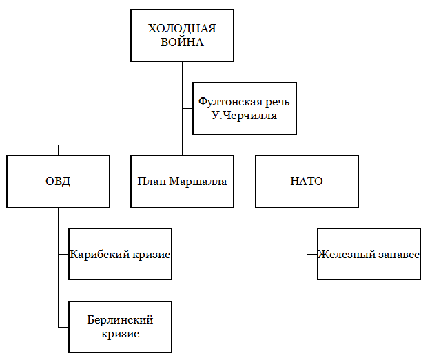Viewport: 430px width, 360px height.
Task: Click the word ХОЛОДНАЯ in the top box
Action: [x=182, y=29]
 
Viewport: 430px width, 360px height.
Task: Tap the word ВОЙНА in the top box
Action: [x=182, y=42]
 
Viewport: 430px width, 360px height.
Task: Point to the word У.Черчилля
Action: [x=245, y=116]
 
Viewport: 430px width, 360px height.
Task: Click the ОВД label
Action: [x=58, y=182]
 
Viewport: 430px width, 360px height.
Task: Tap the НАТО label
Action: [x=307, y=182]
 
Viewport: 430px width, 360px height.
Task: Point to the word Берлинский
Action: [x=120, y=320]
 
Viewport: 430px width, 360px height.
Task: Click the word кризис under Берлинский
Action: [x=120, y=334]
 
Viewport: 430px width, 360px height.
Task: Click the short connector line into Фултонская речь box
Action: [x=187, y=108]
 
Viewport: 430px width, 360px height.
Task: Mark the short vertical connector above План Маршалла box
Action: [x=182, y=150]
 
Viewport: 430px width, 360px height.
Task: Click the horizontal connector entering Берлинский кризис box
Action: [x=63, y=326]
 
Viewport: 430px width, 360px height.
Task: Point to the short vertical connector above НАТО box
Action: [x=307, y=150]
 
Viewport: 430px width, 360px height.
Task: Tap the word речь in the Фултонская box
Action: [x=275, y=103]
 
